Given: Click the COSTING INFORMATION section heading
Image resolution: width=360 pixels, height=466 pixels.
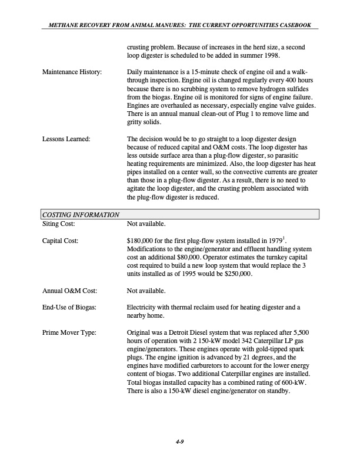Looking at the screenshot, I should [x=80, y=215].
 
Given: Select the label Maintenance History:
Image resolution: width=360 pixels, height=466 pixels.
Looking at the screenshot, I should [x=72, y=72].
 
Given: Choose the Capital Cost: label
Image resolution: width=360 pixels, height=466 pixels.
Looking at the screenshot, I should [x=62, y=241].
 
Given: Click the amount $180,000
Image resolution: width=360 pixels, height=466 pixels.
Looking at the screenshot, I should [x=141, y=241].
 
